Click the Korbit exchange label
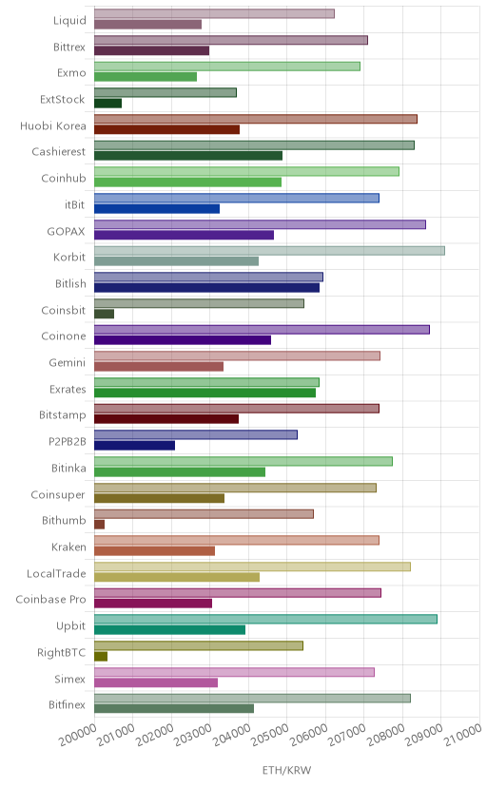pyautogui.click(x=69, y=257)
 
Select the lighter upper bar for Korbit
pyautogui.click(x=269, y=251)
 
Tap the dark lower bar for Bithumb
pyautogui.click(x=99, y=525)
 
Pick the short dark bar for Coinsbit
pyautogui.click(x=104, y=314)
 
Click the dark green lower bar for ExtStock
pyautogui.click(x=107, y=104)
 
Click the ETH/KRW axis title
pyautogui.click(x=286, y=770)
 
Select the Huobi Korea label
pyautogui.click(x=53, y=125)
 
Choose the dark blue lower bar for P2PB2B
pyautogui.click(x=134, y=445)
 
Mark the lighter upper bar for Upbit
pyautogui.click(x=265, y=619)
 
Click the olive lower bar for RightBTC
pyautogui.click(x=101, y=656)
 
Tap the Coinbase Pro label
pyautogui.click(x=50, y=600)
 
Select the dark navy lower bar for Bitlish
pyautogui.click(x=206, y=288)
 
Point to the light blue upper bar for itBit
pyautogui.click(x=237, y=198)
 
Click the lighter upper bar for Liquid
pyautogui.click(x=214, y=13)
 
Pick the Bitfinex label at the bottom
pyautogui.click(x=68, y=704)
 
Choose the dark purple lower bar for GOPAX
pyautogui.click(x=184, y=235)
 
